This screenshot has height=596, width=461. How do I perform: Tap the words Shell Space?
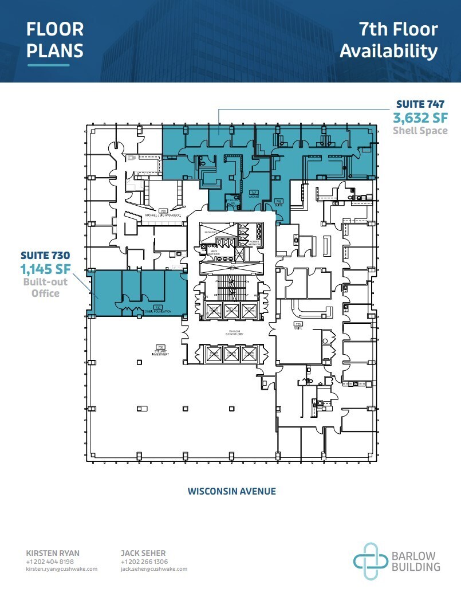(x=420, y=131)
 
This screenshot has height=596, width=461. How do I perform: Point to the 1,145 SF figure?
(x=44, y=268)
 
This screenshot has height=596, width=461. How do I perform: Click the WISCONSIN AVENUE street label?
(x=231, y=491)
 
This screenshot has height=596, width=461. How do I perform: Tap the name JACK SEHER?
(x=143, y=553)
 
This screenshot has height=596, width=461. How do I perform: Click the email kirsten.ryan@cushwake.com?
(x=62, y=569)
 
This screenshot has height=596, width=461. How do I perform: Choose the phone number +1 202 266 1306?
(x=145, y=562)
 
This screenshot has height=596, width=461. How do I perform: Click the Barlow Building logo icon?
(x=365, y=556)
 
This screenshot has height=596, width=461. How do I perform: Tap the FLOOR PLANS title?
(x=55, y=40)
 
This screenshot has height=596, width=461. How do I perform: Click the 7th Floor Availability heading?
(x=388, y=40)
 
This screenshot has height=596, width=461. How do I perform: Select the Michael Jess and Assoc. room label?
(x=163, y=214)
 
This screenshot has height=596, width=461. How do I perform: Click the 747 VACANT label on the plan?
(x=254, y=194)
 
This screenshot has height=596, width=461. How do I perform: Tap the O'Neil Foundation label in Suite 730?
(x=153, y=309)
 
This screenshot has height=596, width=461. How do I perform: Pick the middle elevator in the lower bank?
(x=232, y=353)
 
